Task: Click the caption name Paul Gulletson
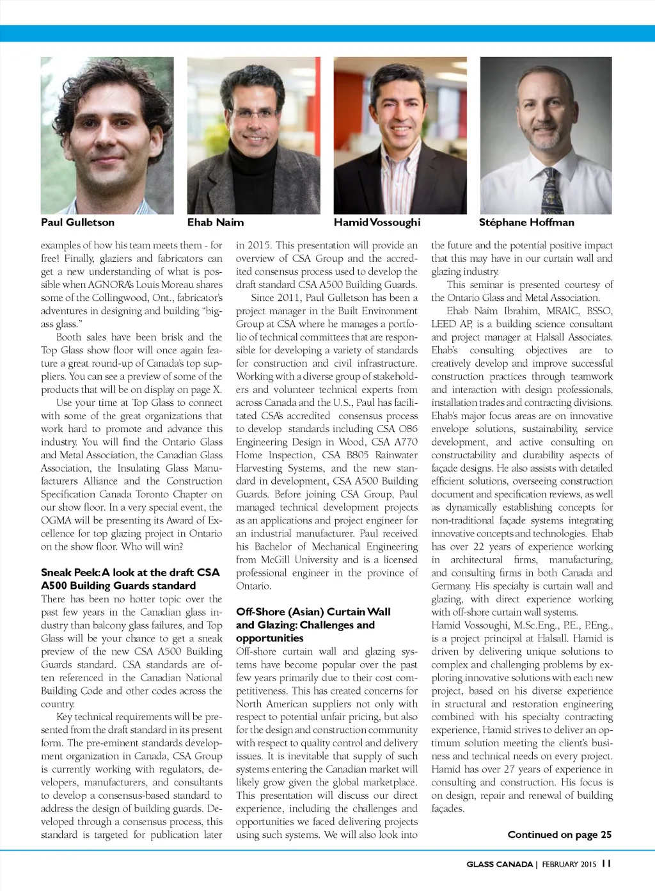[77, 223]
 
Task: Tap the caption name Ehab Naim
[216, 223]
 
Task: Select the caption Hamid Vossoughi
[377, 223]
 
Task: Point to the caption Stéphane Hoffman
[526, 223]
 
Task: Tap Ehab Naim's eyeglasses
[253, 113]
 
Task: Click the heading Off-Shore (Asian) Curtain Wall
[313, 612]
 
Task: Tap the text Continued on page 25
[559, 835]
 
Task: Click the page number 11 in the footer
[606, 863]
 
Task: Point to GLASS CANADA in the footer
[499, 864]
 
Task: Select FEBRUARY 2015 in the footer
[569, 864]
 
